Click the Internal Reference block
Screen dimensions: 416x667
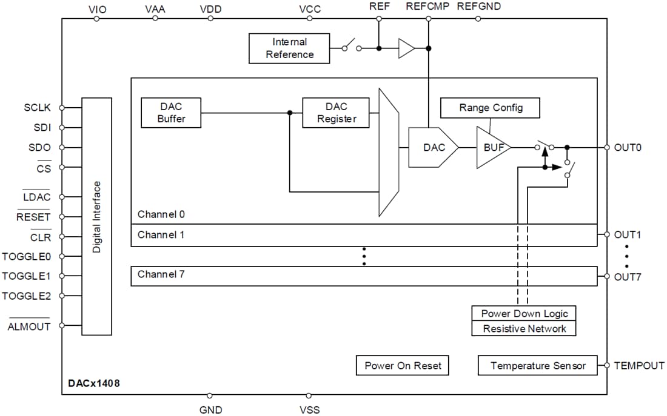tap(289, 48)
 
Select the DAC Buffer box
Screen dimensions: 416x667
tap(171, 113)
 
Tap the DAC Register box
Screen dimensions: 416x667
tap(337, 113)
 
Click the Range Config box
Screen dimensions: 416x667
tap(490, 108)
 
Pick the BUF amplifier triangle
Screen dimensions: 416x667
tap(492, 147)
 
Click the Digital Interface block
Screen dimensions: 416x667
tap(96, 216)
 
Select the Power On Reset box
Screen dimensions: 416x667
tap(403, 366)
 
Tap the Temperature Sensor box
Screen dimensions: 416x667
tap(538, 366)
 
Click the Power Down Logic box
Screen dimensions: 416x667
tap(524, 313)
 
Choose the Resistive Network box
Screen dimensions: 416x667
tap(524, 328)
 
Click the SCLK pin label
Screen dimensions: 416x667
tap(38, 108)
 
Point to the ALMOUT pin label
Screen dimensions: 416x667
tap(28, 327)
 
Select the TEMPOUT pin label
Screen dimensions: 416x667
tap(639, 366)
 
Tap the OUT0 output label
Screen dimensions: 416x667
tap(628, 147)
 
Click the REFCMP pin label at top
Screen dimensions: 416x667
tap(427, 7)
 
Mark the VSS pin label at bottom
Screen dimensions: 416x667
tap(309, 410)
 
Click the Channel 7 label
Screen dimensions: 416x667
tap(161, 274)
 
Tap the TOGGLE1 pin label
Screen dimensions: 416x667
tap(26, 276)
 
